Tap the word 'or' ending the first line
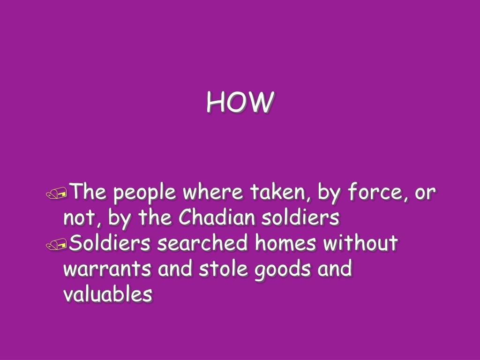(425, 193)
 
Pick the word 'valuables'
(108, 294)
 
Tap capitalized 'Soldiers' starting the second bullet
(110, 244)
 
